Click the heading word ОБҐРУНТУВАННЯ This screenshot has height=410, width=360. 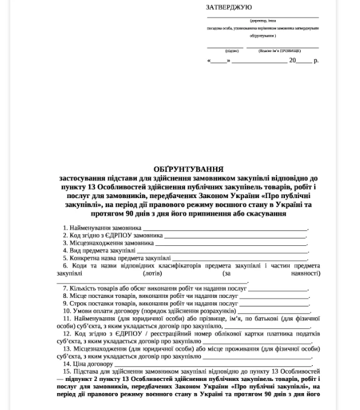click(189, 170)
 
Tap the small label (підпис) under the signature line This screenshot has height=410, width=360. click(231, 51)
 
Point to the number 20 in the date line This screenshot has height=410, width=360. click(293, 61)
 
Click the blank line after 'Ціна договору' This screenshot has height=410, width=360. click(212, 365)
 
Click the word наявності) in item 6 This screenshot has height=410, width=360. click(306, 273)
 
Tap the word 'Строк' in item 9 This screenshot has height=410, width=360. click(78, 303)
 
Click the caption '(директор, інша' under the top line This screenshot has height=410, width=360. click(263, 21)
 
